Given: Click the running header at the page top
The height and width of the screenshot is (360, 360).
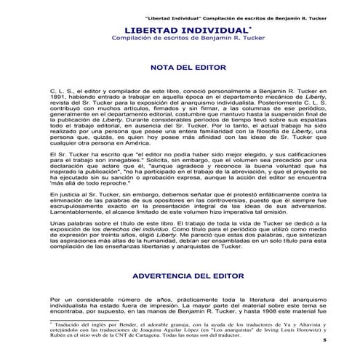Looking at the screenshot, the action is (233, 6).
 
